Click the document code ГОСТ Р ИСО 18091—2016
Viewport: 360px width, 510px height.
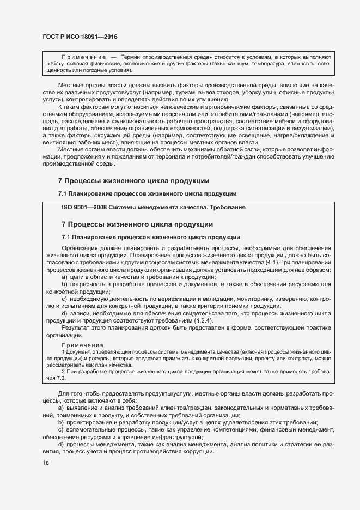pos(80,36)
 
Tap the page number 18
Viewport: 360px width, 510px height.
pos(46,463)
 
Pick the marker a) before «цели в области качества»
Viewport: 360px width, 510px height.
pos(64,277)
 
